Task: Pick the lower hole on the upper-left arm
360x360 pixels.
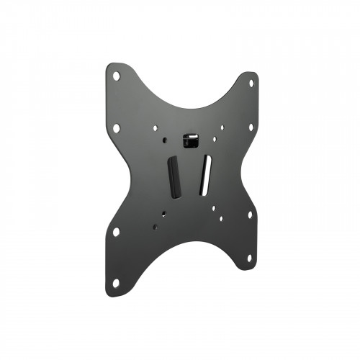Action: (116, 127)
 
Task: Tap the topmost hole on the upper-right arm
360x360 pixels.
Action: (251, 83)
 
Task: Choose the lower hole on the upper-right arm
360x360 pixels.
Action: (251, 127)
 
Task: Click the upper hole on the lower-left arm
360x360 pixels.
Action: (116, 232)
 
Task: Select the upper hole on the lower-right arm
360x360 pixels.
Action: (250, 214)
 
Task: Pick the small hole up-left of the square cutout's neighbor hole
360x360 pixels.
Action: (154, 128)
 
